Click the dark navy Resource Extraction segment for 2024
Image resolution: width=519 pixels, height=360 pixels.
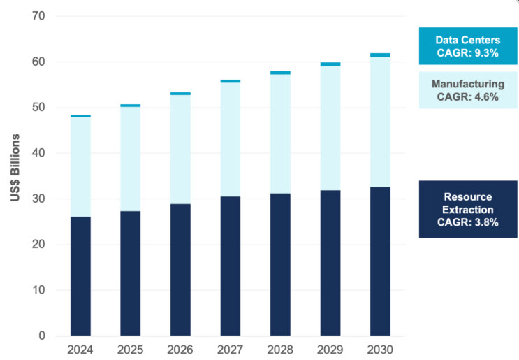coord(80,276)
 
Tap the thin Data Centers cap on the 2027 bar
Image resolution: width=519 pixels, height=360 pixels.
coord(230,81)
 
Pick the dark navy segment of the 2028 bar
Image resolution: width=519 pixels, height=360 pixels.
coord(280,264)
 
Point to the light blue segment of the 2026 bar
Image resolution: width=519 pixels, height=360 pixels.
coord(180,149)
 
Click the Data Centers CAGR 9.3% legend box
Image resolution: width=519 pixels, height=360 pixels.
coord(467,46)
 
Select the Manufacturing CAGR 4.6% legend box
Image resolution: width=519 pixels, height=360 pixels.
coord(467,90)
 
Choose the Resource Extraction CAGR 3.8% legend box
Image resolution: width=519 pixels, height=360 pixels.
coord(467,209)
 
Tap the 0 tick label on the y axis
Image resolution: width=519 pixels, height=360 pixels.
coord(41,336)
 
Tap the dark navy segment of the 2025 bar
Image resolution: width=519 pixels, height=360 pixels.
coord(130,273)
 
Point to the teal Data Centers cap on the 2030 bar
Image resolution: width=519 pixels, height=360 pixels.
coord(380,55)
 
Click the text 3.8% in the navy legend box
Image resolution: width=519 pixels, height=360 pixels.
coord(486,222)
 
